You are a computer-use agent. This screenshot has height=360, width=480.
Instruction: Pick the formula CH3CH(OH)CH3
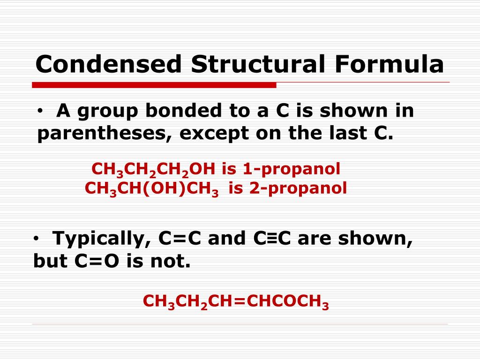point(152,189)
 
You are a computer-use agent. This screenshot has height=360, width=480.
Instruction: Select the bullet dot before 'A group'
point(42,112)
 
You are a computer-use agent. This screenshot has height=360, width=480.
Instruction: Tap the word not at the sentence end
point(176,262)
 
